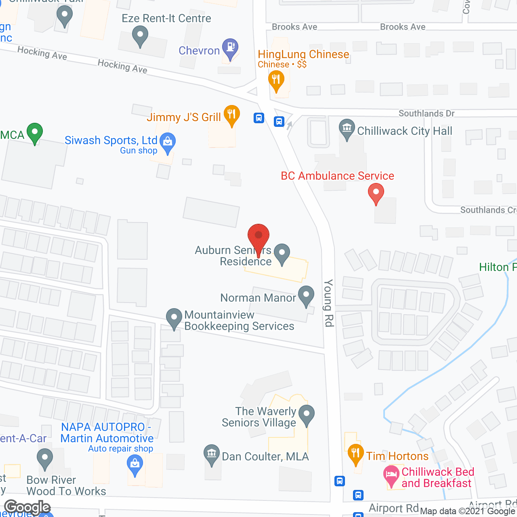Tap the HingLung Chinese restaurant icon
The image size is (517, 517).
[x=276, y=80]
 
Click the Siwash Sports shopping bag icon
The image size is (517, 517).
[x=167, y=142]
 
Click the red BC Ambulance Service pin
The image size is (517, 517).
[x=376, y=193]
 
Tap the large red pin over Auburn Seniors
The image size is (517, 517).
[x=258, y=236]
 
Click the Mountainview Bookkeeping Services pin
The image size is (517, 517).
[x=174, y=318]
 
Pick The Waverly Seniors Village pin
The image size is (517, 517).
[x=307, y=414]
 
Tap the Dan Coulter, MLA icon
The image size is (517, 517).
[x=211, y=454]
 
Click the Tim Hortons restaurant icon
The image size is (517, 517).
[x=355, y=454]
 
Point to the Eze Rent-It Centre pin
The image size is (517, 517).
[x=140, y=35]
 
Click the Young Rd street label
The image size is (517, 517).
[x=329, y=303]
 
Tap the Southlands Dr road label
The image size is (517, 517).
[x=426, y=113]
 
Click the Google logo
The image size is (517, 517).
[x=27, y=507]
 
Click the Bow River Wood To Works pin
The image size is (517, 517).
[x=44, y=459]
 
